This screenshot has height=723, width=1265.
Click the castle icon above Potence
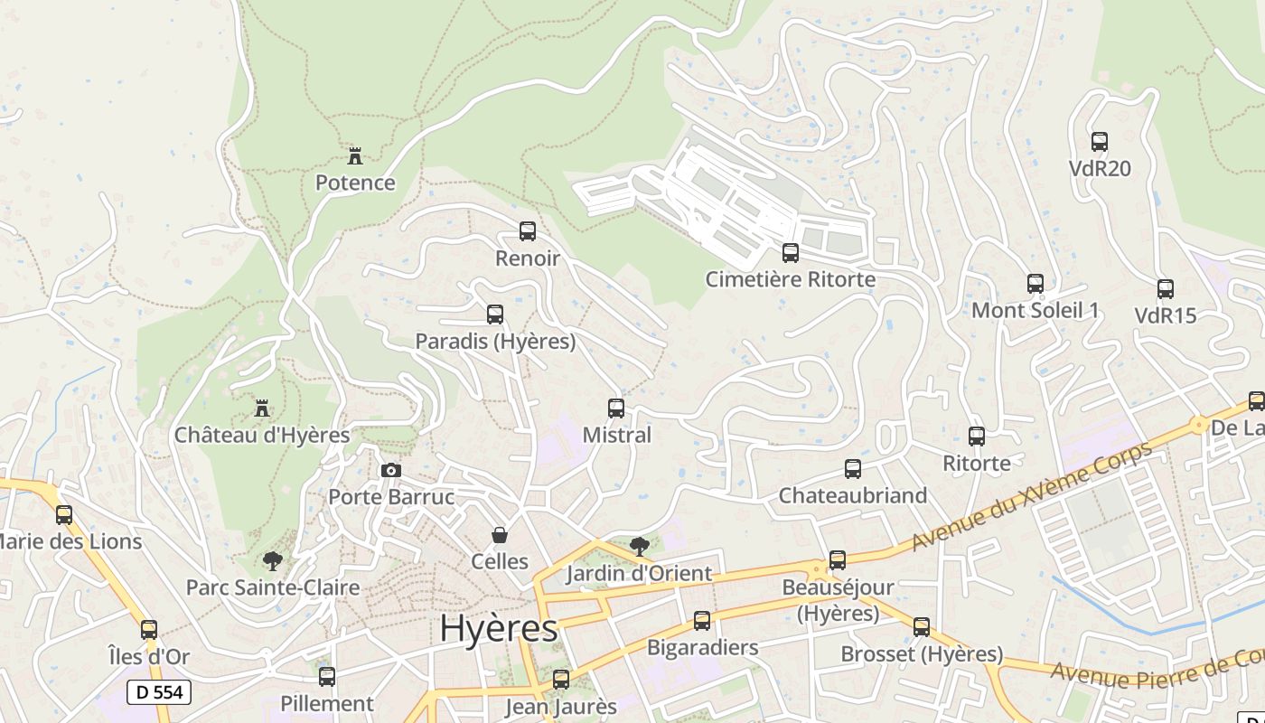[x=355, y=155]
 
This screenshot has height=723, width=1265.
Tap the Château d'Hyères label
[x=262, y=435]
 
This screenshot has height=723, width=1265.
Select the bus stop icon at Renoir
[x=528, y=231]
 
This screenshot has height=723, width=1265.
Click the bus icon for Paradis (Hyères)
[x=495, y=315]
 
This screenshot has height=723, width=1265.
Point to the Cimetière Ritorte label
[x=790, y=279]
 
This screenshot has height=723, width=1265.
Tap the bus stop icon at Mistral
[x=616, y=408]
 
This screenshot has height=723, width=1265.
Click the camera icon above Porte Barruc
[x=391, y=470]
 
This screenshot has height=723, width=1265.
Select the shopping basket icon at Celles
[x=499, y=535]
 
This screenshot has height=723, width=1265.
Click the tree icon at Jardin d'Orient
[x=640, y=546]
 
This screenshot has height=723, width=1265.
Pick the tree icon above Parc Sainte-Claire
[x=272, y=560]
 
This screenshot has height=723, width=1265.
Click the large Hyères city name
[x=499, y=629]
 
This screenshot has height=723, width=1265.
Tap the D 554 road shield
[x=159, y=692]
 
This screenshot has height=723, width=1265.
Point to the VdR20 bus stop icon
[x=1100, y=142]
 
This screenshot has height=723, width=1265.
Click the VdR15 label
[x=1166, y=315]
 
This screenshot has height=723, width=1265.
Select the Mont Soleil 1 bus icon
[x=1035, y=284]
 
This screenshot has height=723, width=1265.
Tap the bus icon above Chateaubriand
[x=853, y=469]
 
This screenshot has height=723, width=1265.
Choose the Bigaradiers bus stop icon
[x=702, y=621]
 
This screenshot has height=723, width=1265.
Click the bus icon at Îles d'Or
[x=149, y=630]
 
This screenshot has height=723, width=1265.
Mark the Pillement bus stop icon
[x=327, y=676]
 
